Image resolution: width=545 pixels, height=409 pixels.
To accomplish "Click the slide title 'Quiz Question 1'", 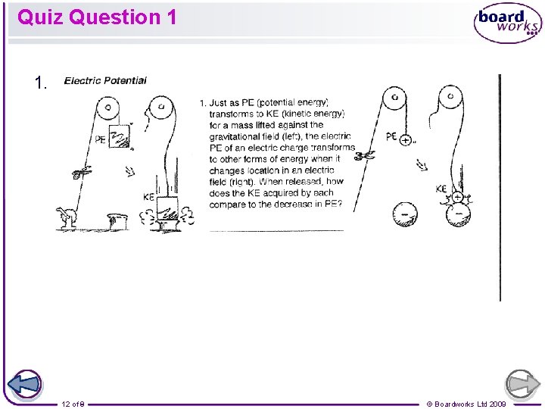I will point(97,17).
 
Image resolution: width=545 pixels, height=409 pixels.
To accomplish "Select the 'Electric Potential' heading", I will point(105,80).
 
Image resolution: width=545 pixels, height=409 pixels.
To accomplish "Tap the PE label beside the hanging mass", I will point(101,139).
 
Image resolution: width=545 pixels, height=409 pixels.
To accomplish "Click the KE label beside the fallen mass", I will point(148,196).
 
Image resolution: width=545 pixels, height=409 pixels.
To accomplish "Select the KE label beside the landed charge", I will point(441,189).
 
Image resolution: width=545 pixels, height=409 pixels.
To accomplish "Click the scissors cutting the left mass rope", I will point(78,173).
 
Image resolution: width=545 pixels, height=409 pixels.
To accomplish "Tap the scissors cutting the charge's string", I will point(366,157).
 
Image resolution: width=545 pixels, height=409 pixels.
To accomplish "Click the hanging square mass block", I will point(120,137).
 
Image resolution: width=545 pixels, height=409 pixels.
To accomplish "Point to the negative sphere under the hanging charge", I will point(404,216).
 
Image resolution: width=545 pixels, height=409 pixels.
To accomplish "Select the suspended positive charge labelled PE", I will point(406,140).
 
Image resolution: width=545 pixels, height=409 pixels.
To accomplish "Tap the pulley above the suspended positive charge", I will point(394,98).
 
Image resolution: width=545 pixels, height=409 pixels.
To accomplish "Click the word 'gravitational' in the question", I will point(237,136).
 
